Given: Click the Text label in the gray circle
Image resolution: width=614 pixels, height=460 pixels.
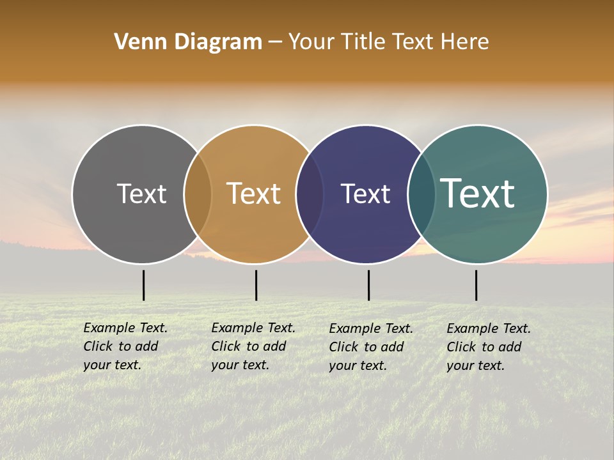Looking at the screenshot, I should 141,194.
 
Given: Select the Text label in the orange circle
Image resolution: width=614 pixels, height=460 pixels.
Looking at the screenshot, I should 254,194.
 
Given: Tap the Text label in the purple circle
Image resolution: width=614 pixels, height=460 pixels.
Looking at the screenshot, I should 365,194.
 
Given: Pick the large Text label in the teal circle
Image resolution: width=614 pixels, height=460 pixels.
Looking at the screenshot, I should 478,194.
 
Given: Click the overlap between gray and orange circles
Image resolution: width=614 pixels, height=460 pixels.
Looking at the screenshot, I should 198,194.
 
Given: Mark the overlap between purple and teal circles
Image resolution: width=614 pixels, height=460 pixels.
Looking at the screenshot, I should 421,194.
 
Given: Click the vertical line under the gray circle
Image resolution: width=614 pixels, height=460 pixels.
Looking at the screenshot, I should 143,285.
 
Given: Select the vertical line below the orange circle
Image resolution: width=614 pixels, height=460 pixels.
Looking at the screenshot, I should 256,285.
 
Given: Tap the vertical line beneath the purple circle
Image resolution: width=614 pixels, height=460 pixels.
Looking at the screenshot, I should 368,285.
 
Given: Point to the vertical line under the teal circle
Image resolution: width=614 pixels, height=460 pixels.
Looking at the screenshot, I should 476,285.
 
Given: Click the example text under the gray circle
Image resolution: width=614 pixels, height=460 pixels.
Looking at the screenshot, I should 125,346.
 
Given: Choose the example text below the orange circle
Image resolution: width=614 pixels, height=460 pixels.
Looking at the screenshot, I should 253,346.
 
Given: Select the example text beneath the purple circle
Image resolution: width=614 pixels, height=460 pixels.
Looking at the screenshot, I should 371,347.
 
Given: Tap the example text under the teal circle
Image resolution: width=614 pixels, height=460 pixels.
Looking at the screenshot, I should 489,347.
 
